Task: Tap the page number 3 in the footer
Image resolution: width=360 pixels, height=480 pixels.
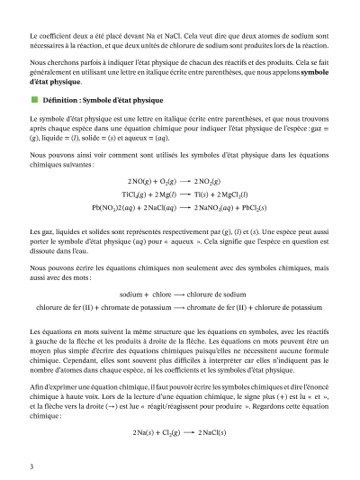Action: click(x=31, y=466)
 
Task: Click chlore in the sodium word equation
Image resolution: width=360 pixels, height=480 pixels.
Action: click(x=163, y=294)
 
